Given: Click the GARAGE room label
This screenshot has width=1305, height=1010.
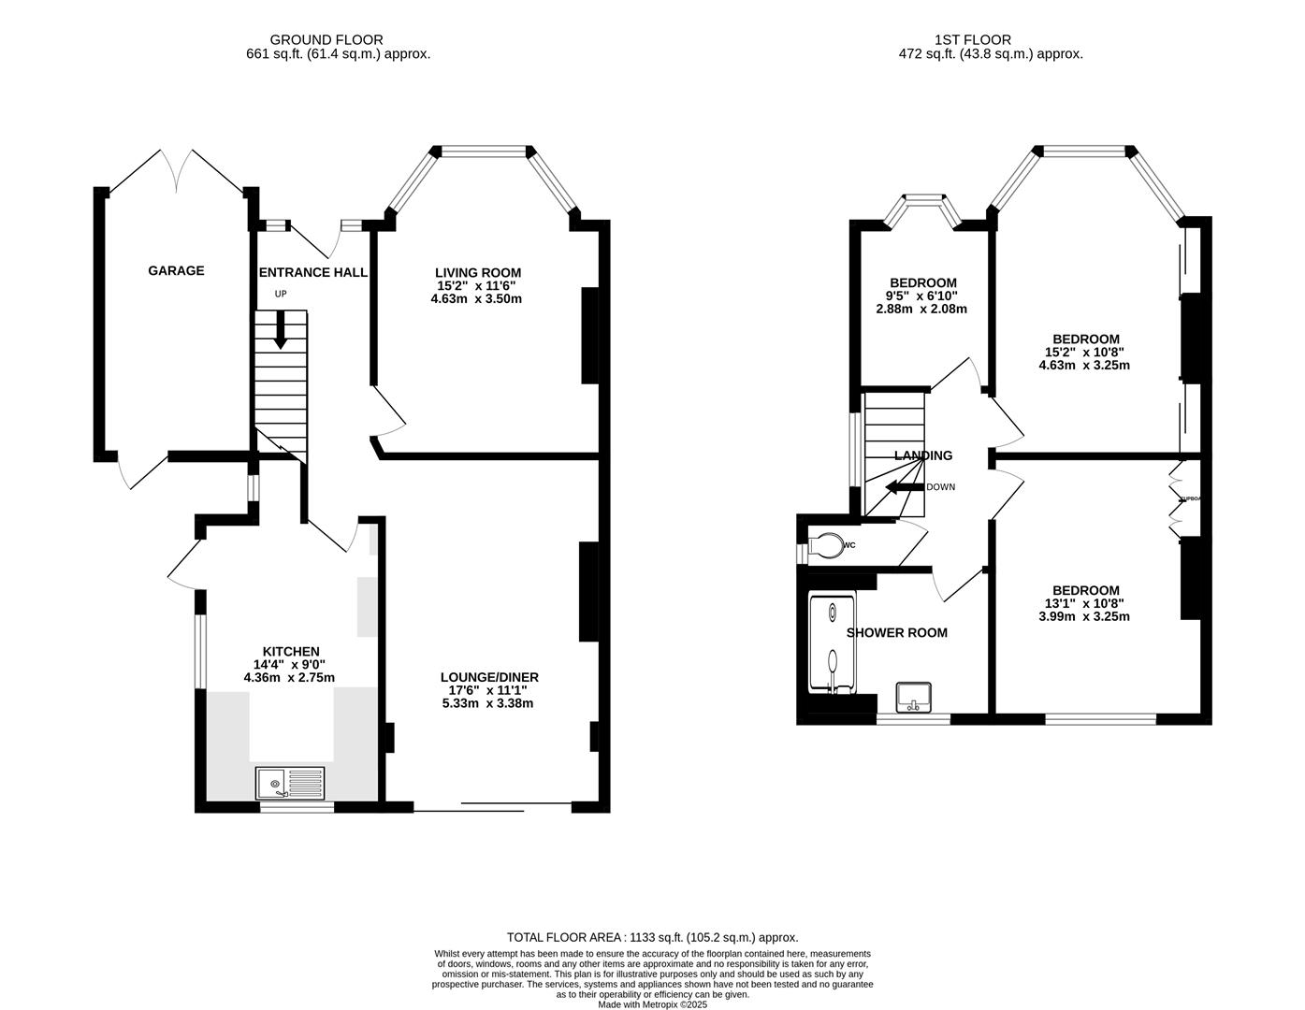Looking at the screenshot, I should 176,271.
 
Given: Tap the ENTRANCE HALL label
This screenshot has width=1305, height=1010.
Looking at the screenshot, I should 312,272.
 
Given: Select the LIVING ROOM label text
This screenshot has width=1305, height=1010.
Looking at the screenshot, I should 478,272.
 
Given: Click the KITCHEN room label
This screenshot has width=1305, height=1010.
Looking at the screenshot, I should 290,652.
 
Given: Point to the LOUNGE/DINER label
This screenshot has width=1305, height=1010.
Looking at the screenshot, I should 489,677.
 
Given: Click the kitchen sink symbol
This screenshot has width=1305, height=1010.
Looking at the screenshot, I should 290,782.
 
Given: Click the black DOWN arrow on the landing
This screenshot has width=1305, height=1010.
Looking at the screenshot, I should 903,487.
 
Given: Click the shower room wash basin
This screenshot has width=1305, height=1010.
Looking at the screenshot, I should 912,697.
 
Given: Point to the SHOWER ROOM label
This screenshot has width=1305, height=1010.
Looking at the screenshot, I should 896,633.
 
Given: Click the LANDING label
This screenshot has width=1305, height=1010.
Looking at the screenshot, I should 922,455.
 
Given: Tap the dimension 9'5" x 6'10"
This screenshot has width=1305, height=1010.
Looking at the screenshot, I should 922,296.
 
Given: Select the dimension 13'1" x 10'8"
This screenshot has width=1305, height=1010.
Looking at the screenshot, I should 1085,603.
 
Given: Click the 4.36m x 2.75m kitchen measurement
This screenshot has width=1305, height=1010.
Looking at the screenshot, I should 289,678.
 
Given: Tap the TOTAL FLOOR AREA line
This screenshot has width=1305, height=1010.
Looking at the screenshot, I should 652,937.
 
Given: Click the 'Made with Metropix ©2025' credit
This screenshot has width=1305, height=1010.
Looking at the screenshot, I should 652,1004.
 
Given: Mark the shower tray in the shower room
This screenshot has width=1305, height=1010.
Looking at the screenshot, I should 832,644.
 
